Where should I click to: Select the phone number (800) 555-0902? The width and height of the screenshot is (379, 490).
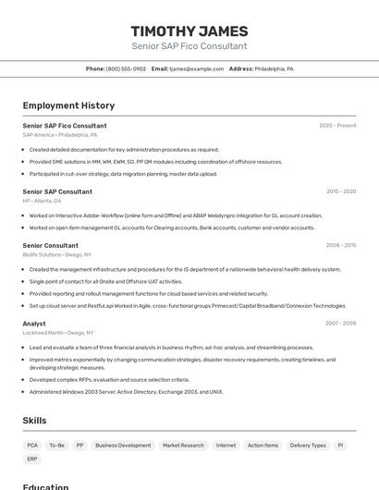click(x=126, y=68)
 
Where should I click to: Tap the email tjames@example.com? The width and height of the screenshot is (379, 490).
click(x=200, y=68)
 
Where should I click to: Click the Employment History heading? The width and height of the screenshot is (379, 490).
click(x=68, y=105)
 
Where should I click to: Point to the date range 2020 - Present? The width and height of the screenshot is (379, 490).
click(x=337, y=126)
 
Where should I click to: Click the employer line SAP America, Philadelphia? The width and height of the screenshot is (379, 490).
click(x=59, y=135)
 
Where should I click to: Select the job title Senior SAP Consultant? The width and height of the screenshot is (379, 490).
click(x=57, y=191)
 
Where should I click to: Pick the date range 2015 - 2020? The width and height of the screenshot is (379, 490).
click(x=341, y=191)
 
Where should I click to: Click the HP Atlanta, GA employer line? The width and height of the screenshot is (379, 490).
click(x=42, y=201)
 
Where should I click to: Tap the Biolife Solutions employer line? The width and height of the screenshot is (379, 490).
click(x=56, y=254)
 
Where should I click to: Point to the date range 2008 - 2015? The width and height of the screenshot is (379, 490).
click(x=341, y=245)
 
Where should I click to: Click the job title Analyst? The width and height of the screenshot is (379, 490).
click(x=34, y=324)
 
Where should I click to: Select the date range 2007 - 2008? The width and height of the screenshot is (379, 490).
click(x=341, y=324)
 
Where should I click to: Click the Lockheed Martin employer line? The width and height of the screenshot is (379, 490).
click(x=58, y=333)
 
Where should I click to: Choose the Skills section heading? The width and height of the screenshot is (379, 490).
click(x=34, y=421)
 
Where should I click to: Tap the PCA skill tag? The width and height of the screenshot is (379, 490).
click(x=32, y=445)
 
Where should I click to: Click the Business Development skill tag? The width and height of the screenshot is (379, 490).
click(x=123, y=445)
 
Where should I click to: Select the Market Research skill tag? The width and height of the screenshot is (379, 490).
click(x=183, y=445)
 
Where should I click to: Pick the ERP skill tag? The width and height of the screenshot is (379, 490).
click(x=32, y=459)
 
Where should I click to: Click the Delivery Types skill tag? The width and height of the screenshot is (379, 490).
click(x=308, y=445)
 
